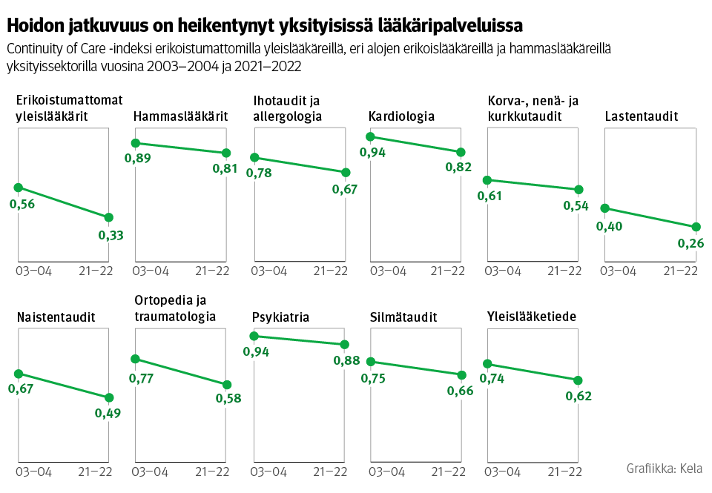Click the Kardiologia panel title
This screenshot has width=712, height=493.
pyautogui.click(x=401, y=116)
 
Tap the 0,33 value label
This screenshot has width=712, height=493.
pyautogui.click(x=111, y=235)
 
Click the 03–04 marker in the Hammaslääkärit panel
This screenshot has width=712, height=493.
pyautogui.click(x=136, y=143)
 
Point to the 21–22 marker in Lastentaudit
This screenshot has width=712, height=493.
pyautogui.click(x=696, y=227)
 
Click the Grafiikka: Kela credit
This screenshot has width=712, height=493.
pyautogui.click(x=664, y=469)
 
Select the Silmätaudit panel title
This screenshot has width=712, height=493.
pyautogui.click(x=403, y=317)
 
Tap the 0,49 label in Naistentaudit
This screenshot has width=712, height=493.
pyautogui.click(x=108, y=413)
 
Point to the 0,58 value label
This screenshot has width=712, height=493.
pyautogui.click(x=228, y=399)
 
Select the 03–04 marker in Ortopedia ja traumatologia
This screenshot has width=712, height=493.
pyautogui.click(x=135, y=359)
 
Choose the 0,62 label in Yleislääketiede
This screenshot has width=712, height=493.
pyautogui.click(x=578, y=396)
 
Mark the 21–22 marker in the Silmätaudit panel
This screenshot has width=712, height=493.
pyautogui.click(x=461, y=375)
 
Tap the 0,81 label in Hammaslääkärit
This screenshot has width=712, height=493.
pyautogui.click(x=225, y=168)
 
